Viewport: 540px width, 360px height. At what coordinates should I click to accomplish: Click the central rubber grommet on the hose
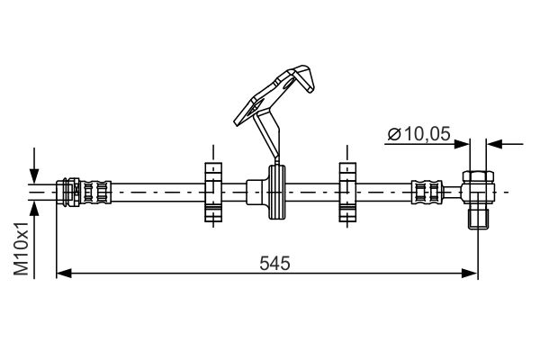click(275, 191)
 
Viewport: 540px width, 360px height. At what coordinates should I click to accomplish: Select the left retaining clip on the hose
click(213, 191)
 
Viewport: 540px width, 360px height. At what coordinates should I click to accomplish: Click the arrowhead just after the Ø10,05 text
click(461, 142)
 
